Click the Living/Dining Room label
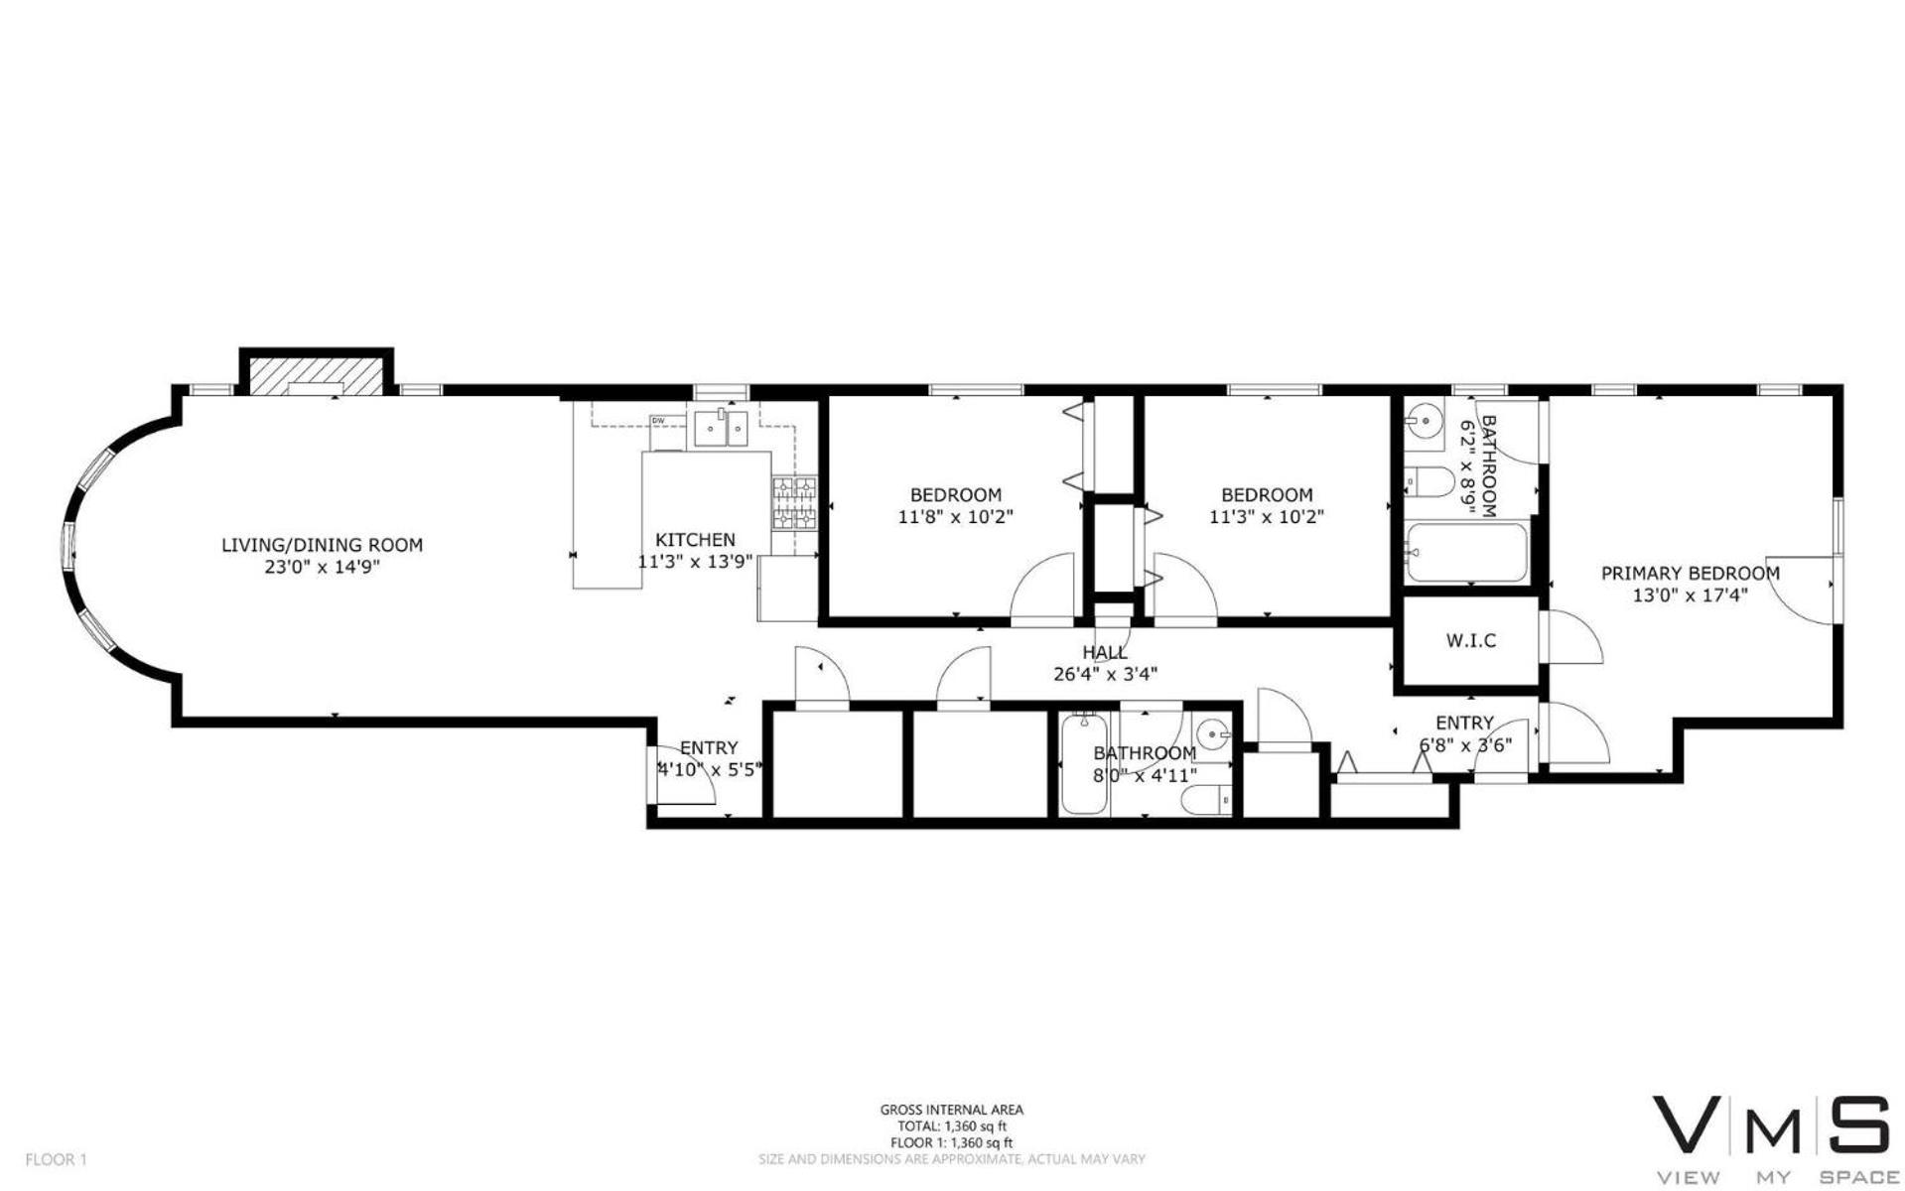(x=322, y=545)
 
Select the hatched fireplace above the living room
(x=315, y=374)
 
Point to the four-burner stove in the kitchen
(x=794, y=503)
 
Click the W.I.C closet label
(x=1470, y=641)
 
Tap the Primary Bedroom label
(x=1690, y=574)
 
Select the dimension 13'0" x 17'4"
(x=1690, y=595)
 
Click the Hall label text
(x=1105, y=652)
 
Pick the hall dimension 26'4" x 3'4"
(x=1105, y=674)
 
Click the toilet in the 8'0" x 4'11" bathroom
(x=1210, y=799)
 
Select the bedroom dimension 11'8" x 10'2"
(x=956, y=517)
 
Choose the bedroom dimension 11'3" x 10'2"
(x=1267, y=517)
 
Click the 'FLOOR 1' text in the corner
(x=57, y=1159)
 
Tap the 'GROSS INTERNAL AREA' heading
(x=951, y=1111)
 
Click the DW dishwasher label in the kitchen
(x=657, y=421)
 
